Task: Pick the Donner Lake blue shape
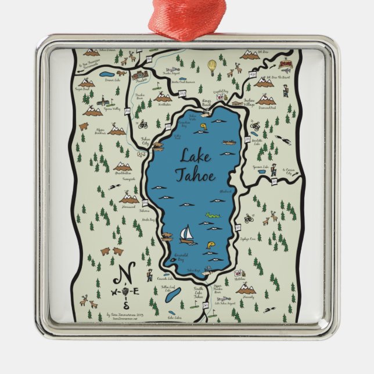107,74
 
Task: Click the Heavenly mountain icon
246,289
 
